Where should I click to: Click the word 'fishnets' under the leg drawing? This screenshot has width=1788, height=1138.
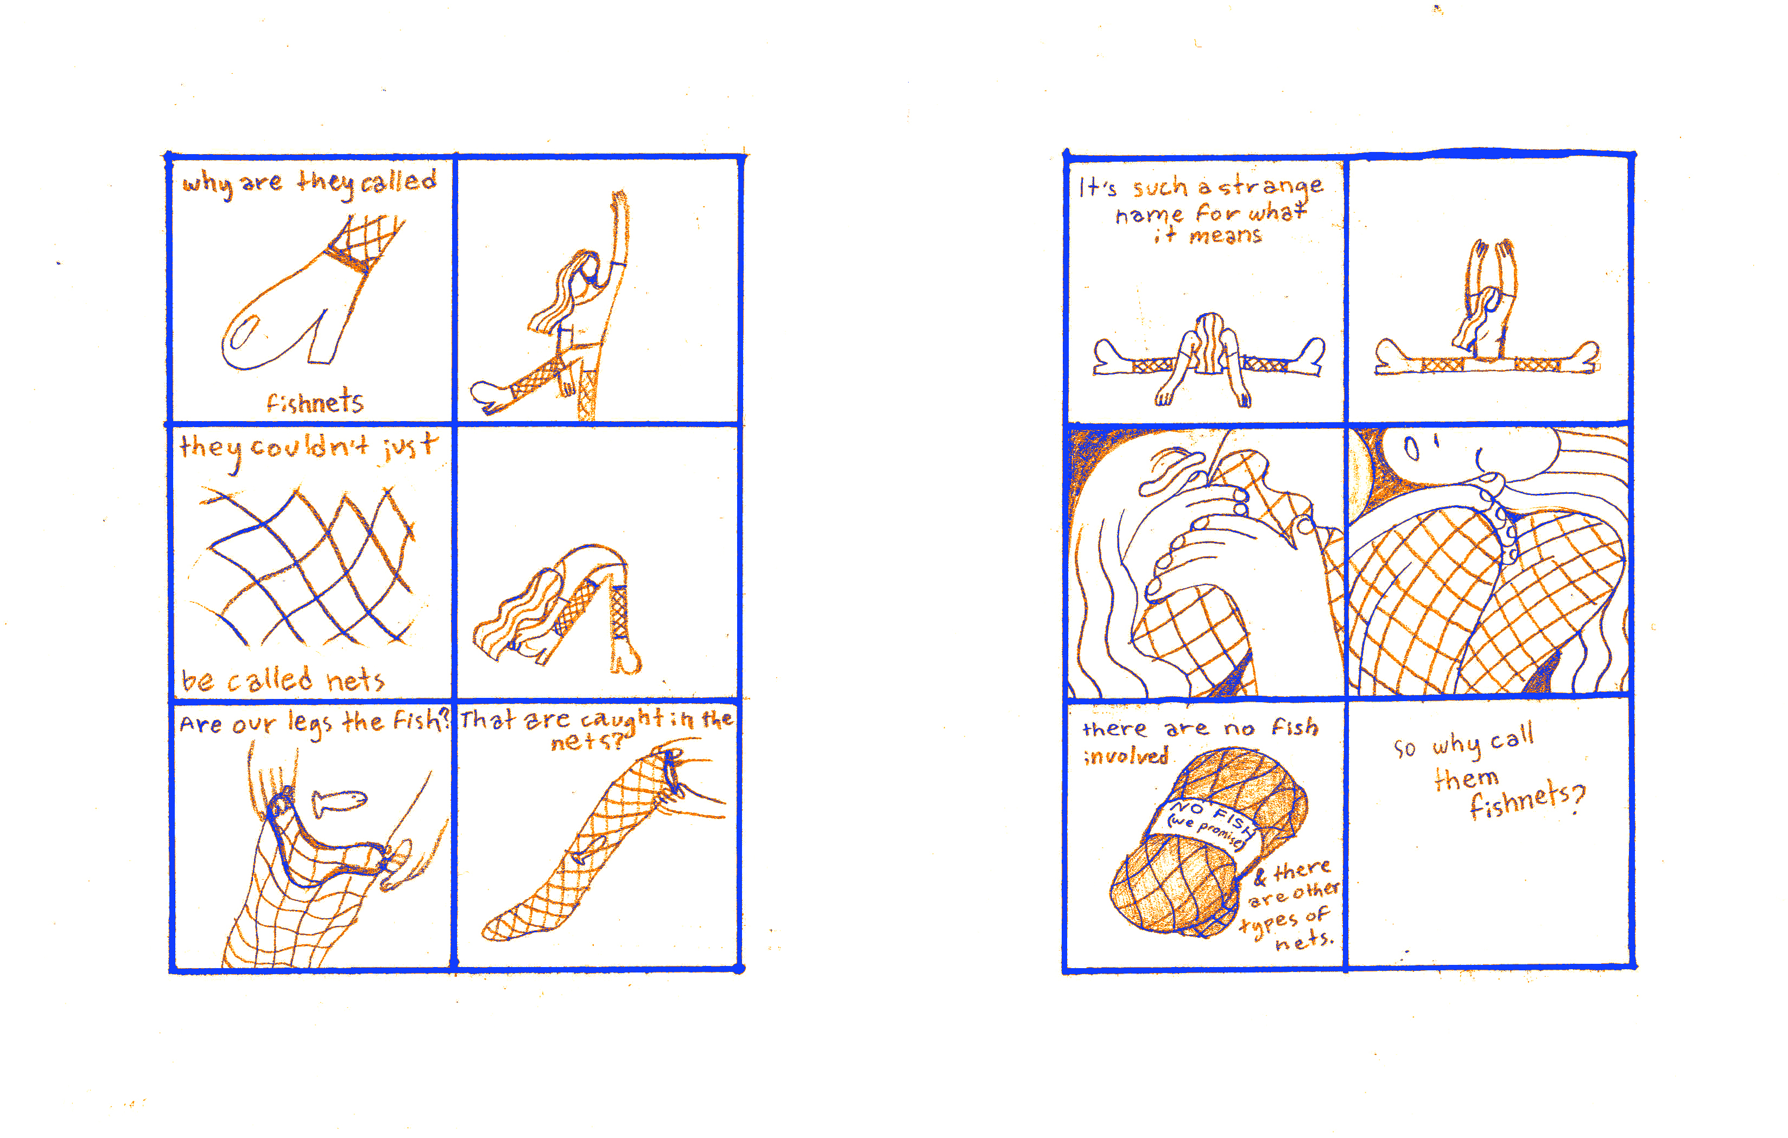point(315,402)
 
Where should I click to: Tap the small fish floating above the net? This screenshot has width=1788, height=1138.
point(339,802)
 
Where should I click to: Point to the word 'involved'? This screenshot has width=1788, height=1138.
point(1126,756)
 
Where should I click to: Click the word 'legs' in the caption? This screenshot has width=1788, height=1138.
point(309,723)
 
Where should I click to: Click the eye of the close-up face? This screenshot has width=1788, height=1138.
point(1411,449)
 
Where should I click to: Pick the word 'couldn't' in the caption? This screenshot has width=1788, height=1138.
point(309,447)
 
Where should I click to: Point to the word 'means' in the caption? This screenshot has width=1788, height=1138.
point(1225,236)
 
